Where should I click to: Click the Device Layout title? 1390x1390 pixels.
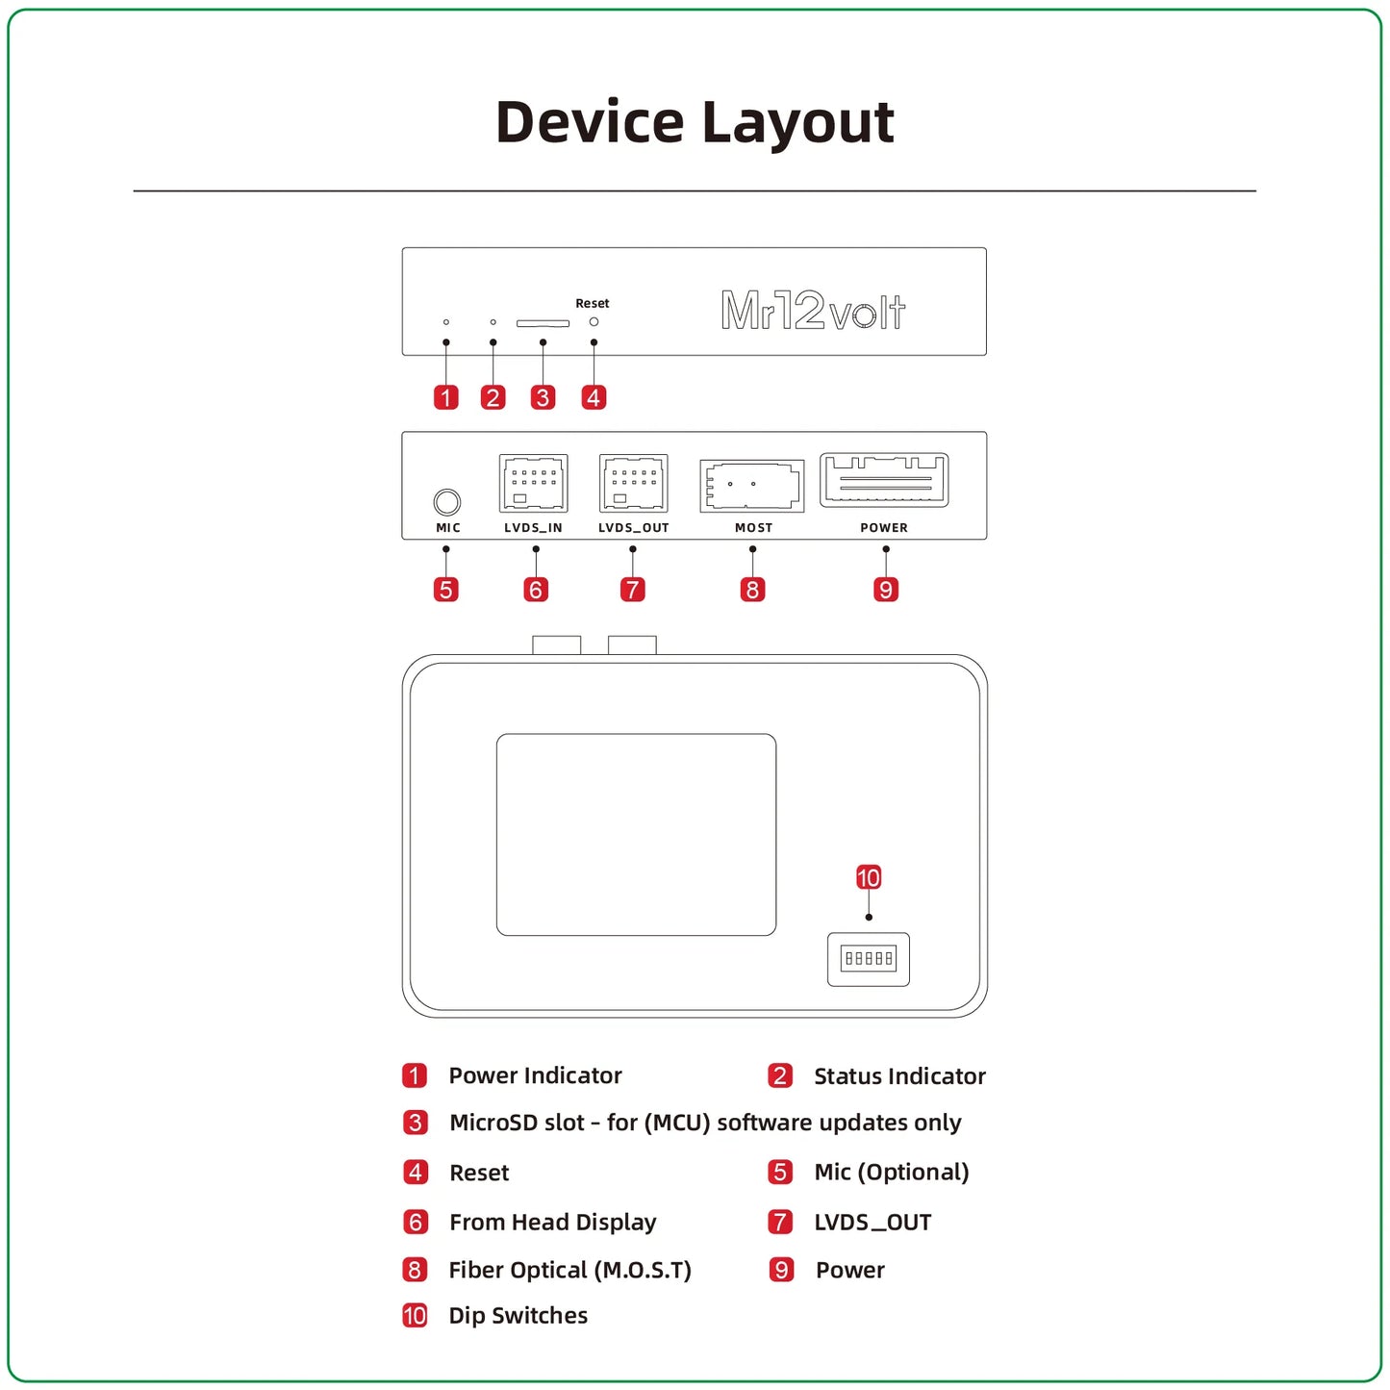(x=695, y=122)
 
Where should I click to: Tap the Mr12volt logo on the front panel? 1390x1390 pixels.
(x=813, y=311)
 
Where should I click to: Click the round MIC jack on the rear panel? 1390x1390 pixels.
(x=447, y=501)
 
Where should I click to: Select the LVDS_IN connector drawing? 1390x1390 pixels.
(x=534, y=483)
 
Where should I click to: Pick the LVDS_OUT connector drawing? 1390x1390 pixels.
(x=633, y=483)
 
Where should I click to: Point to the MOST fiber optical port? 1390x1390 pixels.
(x=752, y=485)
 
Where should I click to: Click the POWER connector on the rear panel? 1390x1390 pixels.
(x=884, y=479)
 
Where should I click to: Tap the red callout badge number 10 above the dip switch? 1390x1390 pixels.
(x=869, y=877)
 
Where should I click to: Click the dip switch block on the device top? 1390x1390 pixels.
(x=869, y=959)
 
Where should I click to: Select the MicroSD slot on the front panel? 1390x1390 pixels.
(x=543, y=323)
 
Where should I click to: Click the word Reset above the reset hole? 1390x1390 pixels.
(x=593, y=303)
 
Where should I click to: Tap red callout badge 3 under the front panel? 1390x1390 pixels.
(x=543, y=397)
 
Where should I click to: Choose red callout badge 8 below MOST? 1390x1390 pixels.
(x=752, y=590)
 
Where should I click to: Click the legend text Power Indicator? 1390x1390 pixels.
(x=535, y=1075)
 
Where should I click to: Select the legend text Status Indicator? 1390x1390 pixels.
(x=899, y=1076)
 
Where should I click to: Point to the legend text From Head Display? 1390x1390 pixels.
(x=552, y=1222)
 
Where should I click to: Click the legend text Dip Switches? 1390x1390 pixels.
(x=518, y=1315)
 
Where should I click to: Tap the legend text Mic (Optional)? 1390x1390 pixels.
(x=891, y=1172)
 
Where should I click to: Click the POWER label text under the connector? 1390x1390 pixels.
(x=884, y=527)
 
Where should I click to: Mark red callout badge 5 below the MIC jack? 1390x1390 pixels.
(x=446, y=590)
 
